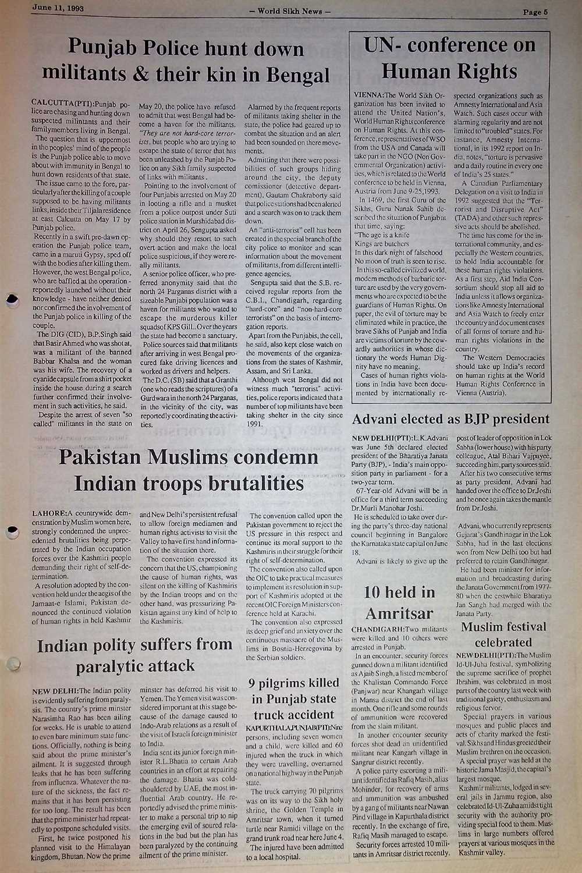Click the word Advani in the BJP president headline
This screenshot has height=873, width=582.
tap(381, 419)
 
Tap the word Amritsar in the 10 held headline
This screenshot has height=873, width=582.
tap(399, 613)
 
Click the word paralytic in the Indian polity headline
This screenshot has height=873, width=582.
tap(113, 665)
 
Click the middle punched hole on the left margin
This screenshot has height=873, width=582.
tap(10, 531)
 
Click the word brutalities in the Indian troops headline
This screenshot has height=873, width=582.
tap(247, 483)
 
